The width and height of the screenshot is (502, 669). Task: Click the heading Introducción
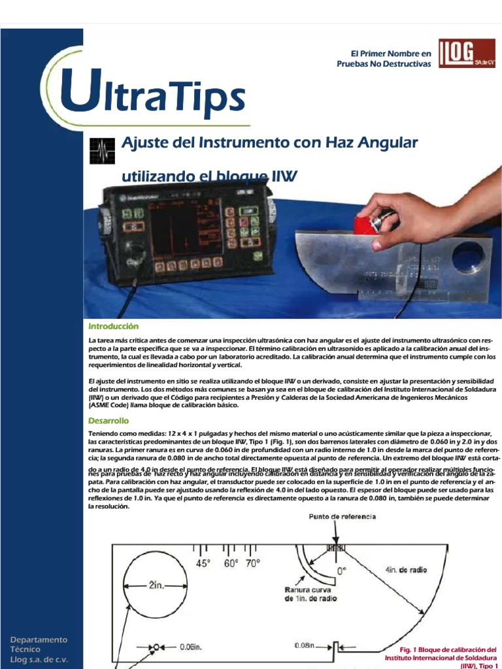pos(114,325)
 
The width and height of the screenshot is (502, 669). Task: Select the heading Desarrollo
pos(109,421)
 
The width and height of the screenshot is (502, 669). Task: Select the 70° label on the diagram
pos(252,563)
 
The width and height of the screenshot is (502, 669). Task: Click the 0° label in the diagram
pos(341,570)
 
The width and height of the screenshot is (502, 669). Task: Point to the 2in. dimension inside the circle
pos(156,585)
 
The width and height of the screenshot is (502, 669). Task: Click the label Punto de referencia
pos(342,516)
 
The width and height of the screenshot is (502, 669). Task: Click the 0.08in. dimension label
pos(305,645)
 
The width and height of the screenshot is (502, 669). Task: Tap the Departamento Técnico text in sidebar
pos(38,645)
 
